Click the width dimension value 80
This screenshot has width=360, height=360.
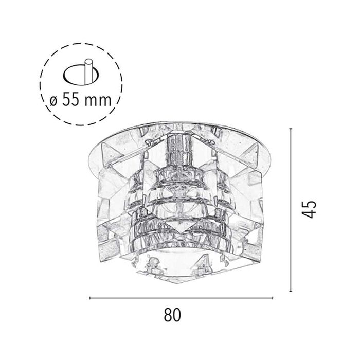pos(172,315)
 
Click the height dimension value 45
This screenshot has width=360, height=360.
pos(309,209)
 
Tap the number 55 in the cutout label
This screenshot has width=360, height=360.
pos(70,100)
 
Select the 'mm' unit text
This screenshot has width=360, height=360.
pos(98,101)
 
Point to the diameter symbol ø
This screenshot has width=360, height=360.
pos(53,101)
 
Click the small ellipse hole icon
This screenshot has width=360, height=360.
pos(81,75)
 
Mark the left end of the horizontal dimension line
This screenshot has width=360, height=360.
pos(89,298)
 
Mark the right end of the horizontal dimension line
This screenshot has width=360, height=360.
pos(273,298)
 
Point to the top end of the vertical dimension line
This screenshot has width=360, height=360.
pos(291,129)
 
